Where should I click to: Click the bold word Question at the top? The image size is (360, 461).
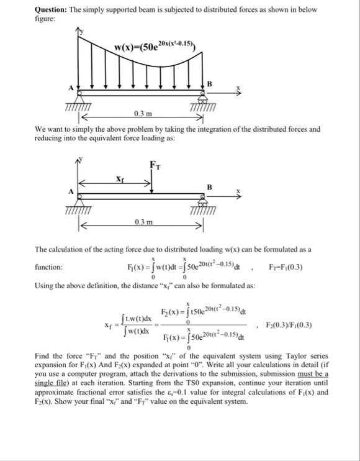(53, 9)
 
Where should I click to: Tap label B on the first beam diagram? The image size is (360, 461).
(209, 83)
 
